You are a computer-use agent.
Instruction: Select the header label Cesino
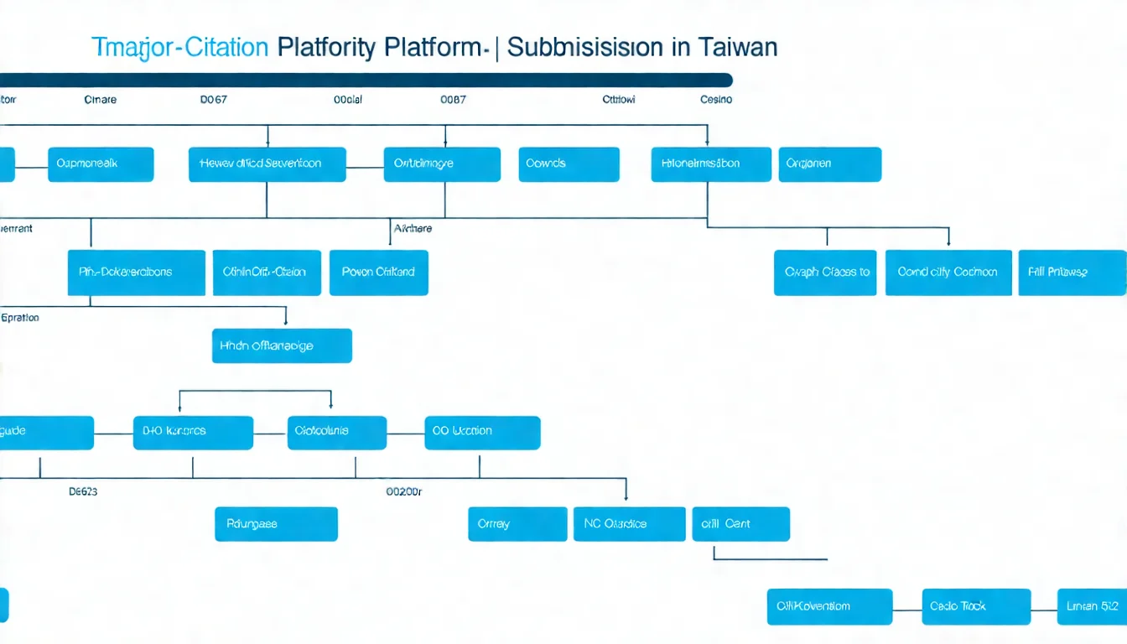click(716, 99)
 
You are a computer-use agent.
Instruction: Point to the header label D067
click(214, 99)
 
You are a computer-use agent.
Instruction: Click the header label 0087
click(453, 99)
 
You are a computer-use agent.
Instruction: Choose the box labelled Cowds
click(569, 164)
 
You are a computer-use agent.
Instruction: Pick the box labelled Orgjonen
click(830, 164)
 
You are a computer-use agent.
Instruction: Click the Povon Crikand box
click(379, 273)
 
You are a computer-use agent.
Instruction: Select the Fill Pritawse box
click(1072, 273)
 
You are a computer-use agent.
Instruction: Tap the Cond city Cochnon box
click(948, 273)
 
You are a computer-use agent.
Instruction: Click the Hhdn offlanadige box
click(282, 345)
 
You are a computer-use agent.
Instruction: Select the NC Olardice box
click(630, 524)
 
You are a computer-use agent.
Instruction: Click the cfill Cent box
click(740, 524)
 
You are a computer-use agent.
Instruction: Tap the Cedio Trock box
click(976, 606)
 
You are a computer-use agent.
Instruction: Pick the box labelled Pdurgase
click(276, 524)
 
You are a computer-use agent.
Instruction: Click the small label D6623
click(83, 492)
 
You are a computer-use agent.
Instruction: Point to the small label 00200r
click(403, 492)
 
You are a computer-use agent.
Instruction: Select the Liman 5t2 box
click(1092, 606)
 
